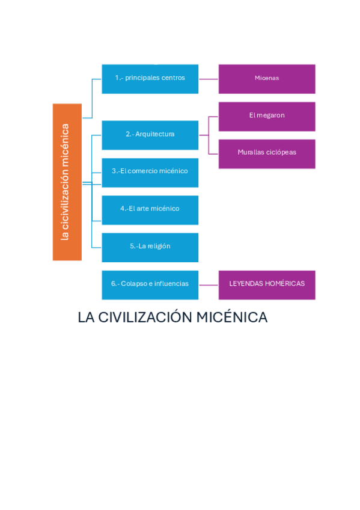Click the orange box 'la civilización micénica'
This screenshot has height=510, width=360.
point(67,182)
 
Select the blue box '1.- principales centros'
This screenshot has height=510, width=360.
point(150,78)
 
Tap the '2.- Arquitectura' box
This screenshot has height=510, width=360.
point(150,135)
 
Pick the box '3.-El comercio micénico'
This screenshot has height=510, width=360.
point(150,172)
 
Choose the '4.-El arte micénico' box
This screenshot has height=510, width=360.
point(150,209)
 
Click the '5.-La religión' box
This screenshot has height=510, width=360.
point(150,247)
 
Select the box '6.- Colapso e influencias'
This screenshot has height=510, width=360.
point(150,284)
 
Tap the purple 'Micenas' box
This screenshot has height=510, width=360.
point(267,78)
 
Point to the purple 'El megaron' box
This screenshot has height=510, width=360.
point(267,116)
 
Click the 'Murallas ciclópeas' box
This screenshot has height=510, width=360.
point(267,153)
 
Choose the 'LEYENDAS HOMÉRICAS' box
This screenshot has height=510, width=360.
point(267,284)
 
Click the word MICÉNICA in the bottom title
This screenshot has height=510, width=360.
point(232,318)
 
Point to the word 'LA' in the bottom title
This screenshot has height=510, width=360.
point(86,318)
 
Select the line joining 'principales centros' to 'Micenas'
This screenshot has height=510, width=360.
point(208,79)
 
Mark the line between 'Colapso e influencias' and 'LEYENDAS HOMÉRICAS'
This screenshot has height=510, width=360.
point(208,284)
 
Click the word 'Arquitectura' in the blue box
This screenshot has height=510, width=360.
point(155,134)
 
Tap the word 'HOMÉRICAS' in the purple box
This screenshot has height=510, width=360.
point(285,284)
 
